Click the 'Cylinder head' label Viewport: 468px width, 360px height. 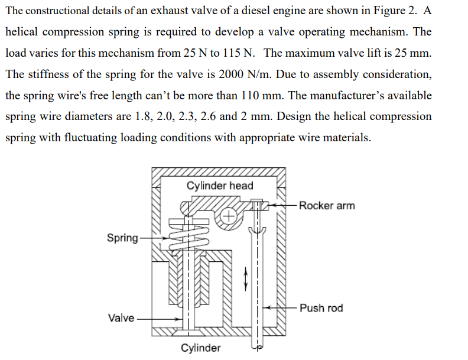220,186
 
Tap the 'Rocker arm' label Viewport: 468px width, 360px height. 327,206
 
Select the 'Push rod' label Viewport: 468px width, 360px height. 321,308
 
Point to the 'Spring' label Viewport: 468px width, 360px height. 122,238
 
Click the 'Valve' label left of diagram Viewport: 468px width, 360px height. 121,318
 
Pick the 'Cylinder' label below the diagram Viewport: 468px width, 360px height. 201,348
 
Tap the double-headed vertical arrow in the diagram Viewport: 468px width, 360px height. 246,276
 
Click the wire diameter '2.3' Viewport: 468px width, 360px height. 186,116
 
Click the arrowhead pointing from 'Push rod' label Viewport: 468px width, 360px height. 266,308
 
